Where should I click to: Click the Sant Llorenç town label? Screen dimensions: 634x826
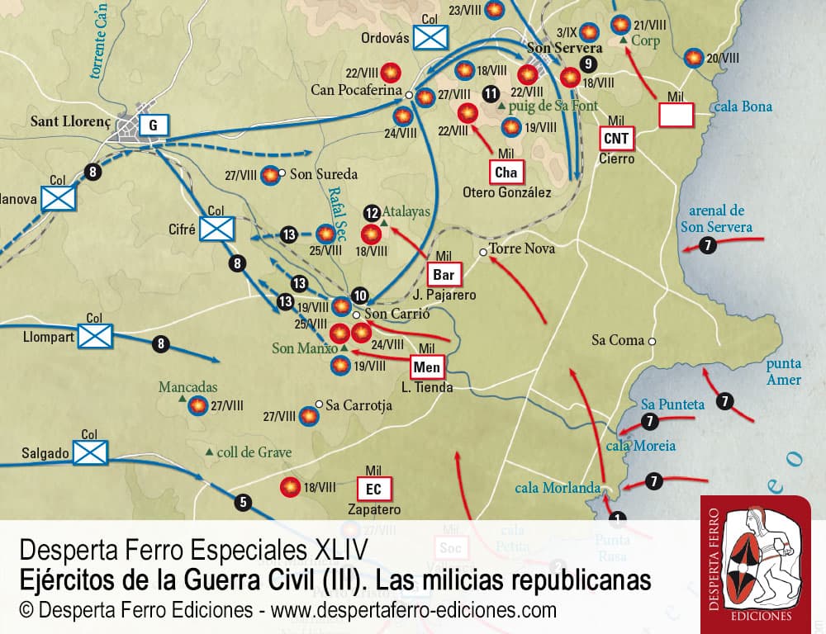70,121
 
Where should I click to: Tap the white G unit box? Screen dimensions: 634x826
153,125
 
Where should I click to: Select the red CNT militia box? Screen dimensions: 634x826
618,138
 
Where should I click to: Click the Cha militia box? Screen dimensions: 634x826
506,172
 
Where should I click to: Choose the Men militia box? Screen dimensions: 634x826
426,367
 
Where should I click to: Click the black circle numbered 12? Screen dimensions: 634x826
372,211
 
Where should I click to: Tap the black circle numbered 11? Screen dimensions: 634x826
491,93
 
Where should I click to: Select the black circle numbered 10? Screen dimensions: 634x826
359,296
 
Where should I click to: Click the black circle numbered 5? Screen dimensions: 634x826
242,500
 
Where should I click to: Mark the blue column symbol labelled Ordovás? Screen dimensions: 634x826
430,36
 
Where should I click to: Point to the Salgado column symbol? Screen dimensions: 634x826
90,451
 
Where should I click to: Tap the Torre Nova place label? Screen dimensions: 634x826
521,248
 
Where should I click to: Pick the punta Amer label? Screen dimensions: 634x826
783,371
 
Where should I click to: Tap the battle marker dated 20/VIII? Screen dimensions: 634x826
694,58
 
